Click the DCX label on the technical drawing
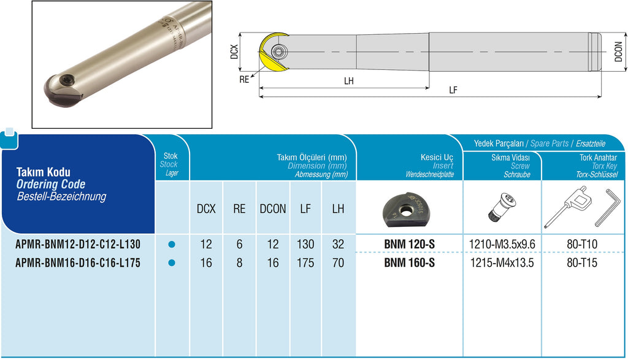pos(234,52)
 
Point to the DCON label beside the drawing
pos(619,52)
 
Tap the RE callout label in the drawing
pos(244,79)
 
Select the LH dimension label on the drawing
pos(349,81)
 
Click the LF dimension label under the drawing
pos(453,90)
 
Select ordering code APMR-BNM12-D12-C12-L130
pos(78,244)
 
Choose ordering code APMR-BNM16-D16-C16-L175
pos(78,262)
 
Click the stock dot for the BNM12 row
pos(172,244)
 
